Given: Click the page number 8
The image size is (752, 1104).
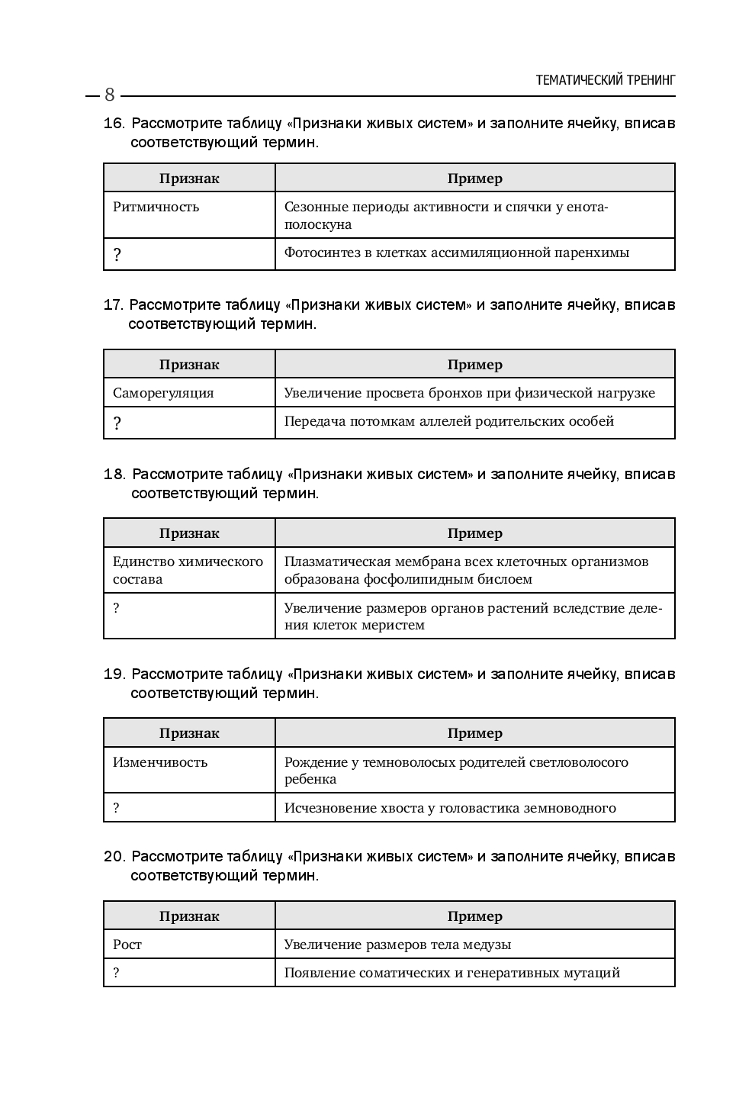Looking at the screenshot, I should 109,95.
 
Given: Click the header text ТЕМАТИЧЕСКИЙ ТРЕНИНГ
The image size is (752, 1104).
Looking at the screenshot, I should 606,79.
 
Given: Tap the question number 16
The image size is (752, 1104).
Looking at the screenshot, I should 114,124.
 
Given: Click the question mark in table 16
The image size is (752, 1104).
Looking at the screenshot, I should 117,255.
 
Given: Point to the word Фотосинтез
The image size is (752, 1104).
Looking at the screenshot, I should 318,253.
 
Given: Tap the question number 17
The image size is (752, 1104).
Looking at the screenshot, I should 113,305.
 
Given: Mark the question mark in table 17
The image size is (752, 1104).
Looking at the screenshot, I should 117,423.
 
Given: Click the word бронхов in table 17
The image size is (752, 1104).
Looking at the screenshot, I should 435,393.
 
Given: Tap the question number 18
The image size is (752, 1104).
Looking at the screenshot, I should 114,475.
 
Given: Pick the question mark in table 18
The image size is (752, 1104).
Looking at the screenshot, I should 116,608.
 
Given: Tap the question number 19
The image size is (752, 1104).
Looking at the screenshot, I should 114,674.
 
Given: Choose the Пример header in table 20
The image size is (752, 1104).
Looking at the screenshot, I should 474,916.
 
